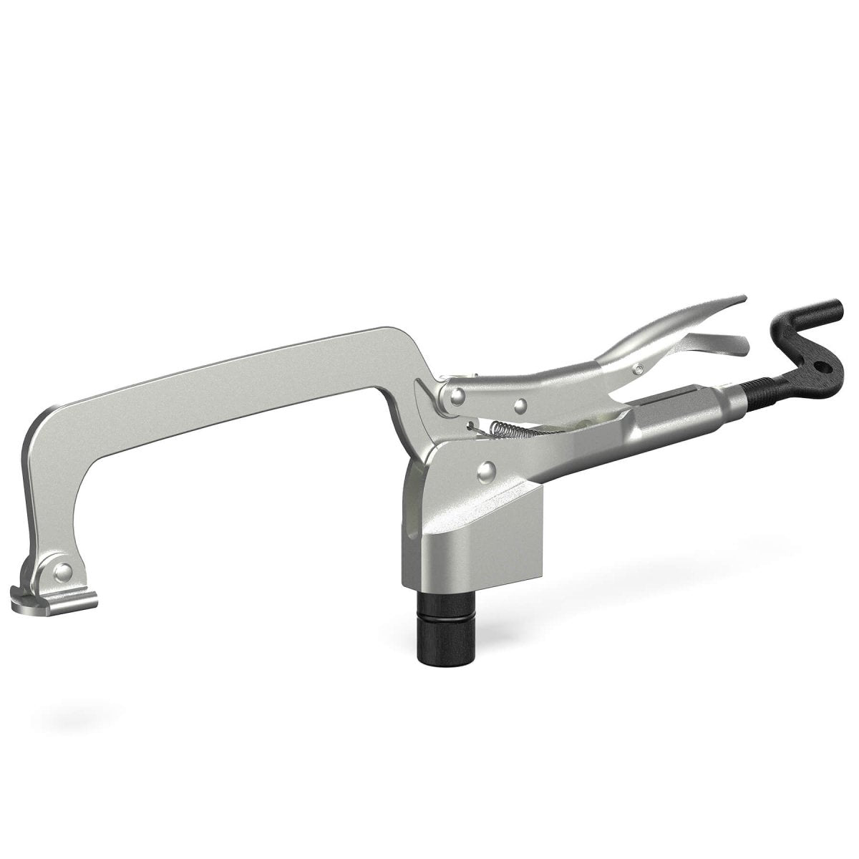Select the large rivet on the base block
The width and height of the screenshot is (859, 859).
coord(486,470)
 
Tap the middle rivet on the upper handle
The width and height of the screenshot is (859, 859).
coord(521,405)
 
